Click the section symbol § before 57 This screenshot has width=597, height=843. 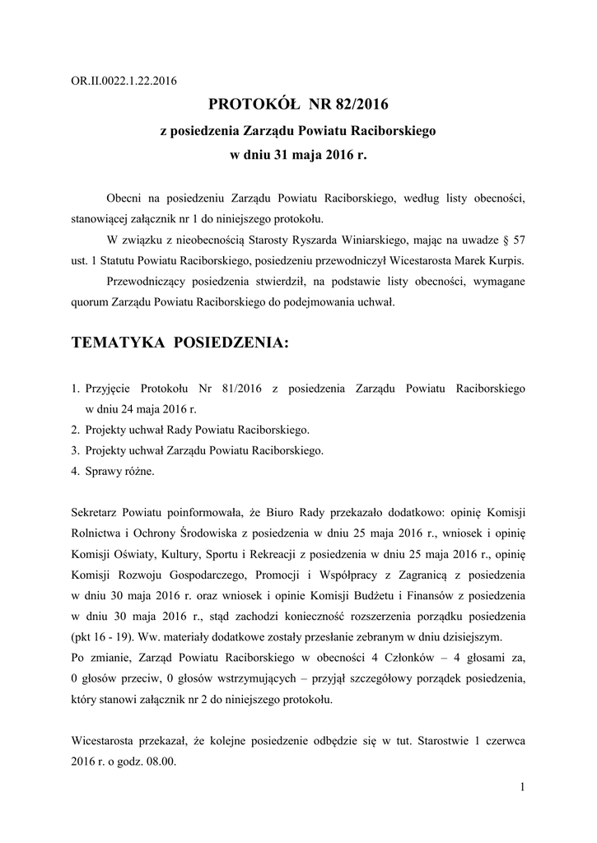pos(503,240)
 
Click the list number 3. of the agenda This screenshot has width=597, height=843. pos(75,450)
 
